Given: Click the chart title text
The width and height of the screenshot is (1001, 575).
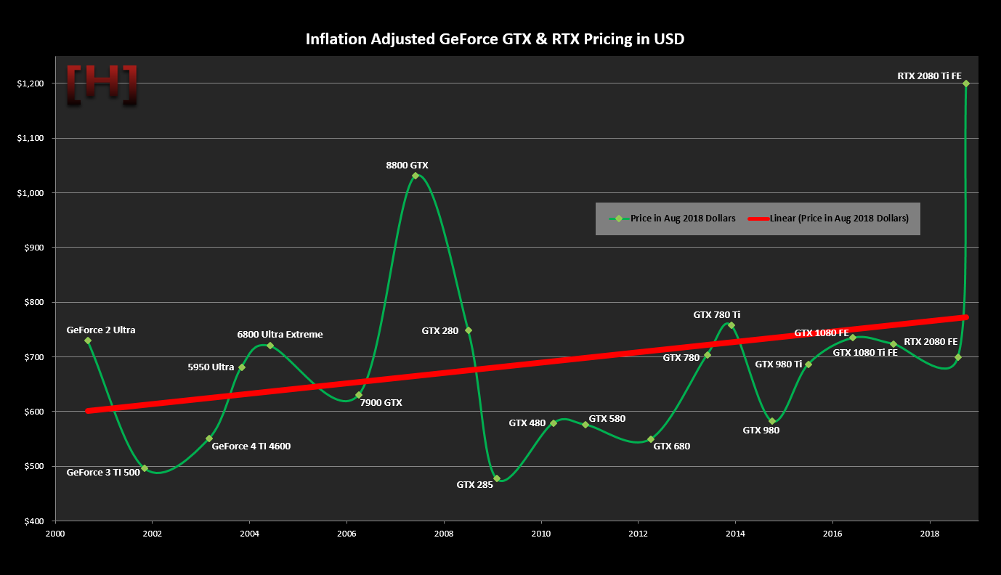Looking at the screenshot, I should point(495,39).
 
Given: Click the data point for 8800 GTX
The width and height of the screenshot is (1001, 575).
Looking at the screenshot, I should point(416,176).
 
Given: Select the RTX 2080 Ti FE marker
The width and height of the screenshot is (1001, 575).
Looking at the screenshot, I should point(966,83).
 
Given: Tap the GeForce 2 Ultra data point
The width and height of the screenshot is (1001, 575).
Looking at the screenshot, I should point(88,340).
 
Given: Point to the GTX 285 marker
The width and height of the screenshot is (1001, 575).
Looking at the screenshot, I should point(497,478).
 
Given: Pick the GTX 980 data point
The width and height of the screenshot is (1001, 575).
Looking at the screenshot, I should point(772,421).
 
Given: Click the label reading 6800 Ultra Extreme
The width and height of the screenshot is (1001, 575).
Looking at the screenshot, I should point(280,335).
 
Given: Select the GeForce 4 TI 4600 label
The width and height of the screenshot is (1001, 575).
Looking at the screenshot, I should point(251,446).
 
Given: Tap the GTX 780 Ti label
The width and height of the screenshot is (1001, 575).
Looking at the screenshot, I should point(717,315).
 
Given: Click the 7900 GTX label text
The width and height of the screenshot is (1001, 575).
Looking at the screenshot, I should point(381,402).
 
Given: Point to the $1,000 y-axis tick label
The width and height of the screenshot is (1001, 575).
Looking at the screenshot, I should point(29,193).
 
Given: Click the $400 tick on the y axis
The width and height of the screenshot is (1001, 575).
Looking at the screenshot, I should point(32,521).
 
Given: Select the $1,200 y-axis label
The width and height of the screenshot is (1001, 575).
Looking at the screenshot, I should point(29,83).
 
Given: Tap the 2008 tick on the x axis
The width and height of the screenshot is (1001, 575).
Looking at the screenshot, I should point(444,534).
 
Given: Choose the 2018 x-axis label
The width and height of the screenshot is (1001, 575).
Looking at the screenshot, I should point(930,534).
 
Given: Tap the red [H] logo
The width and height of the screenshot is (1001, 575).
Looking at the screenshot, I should point(102,84).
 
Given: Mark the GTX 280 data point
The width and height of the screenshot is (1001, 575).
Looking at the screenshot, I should point(469,330).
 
